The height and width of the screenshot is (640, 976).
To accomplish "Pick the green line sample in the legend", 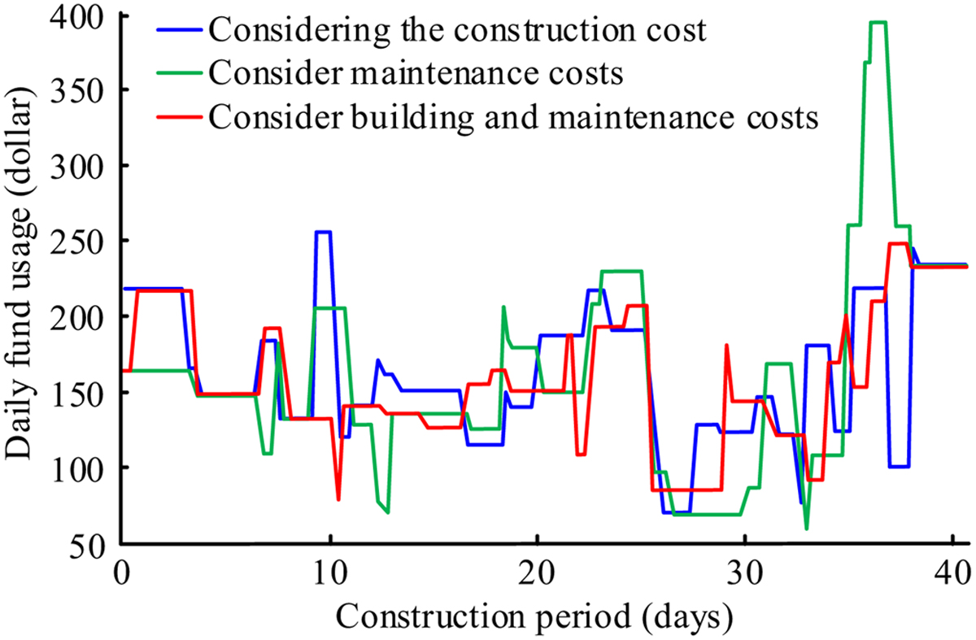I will pyautogui.click(x=178, y=73).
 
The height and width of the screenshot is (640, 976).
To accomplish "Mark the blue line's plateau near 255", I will pyautogui.click(x=323, y=233).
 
